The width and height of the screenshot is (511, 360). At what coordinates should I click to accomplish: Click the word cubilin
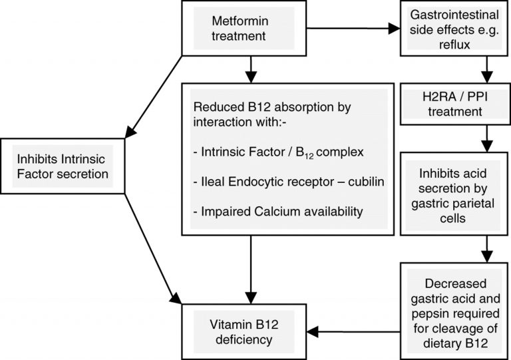(339, 182)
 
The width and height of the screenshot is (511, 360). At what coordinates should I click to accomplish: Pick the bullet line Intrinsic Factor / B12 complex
(278, 153)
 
